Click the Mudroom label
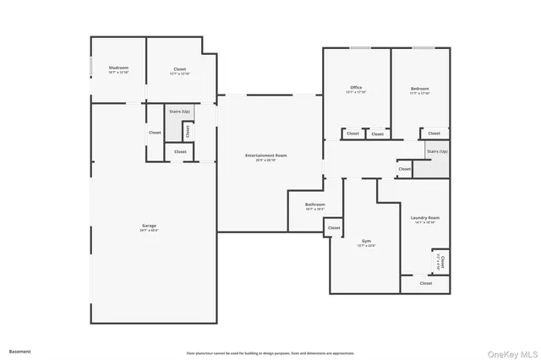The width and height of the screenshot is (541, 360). [x=118, y=68]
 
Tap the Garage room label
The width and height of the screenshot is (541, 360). [x=149, y=226]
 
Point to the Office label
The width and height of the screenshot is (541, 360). [x=357, y=89]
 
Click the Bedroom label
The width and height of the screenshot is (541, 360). [x=420, y=89]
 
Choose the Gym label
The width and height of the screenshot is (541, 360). [x=364, y=242]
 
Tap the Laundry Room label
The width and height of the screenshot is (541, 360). [x=425, y=218]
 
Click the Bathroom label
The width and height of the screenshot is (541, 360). [x=315, y=205]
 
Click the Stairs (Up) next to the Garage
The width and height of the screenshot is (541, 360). [x=178, y=112]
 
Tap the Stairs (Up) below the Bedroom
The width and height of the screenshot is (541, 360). [x=437, y=151]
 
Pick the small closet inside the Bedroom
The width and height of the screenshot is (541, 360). [x=434, y=134]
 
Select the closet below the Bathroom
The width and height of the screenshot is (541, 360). [x=334, y=227]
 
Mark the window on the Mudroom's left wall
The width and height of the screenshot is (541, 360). [x=91, y=68]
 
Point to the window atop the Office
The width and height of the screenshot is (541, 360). [x=359, y=48]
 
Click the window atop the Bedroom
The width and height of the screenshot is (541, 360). [x=422, y=48]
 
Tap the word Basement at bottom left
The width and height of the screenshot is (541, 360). [x=19, y=351]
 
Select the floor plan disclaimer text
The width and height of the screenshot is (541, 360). [x=270, y=353]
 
